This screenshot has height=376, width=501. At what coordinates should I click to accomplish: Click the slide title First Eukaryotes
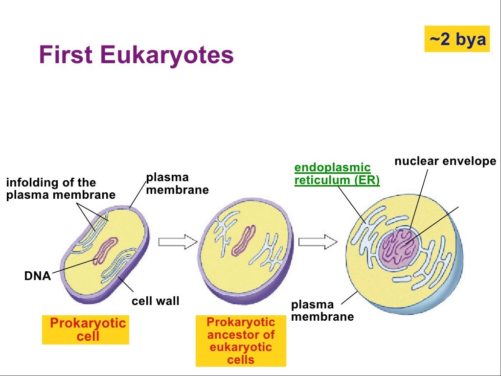coord(137,55)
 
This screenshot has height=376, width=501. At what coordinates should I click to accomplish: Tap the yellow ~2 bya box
coord(457,39)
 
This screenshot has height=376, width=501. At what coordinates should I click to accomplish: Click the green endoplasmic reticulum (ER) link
coord(337,174)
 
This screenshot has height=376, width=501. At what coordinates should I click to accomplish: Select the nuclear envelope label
coord(445,161)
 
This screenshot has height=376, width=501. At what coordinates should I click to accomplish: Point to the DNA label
coord(38,276)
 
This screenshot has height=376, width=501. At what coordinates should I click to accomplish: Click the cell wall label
coord(156,301)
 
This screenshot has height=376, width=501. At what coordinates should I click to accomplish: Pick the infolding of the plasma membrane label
coord(60,189)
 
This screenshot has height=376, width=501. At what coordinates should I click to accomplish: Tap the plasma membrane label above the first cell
coord(177,184)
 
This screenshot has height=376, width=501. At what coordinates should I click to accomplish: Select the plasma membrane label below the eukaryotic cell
coord(322,311)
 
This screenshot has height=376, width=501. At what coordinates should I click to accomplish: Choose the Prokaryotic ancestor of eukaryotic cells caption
coord(241,341)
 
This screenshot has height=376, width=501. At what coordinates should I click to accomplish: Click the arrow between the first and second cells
coord(177,241)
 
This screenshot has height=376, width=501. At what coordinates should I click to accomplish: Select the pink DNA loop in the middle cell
coord(244,241)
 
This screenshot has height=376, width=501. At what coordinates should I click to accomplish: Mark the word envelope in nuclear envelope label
coord(472,161)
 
